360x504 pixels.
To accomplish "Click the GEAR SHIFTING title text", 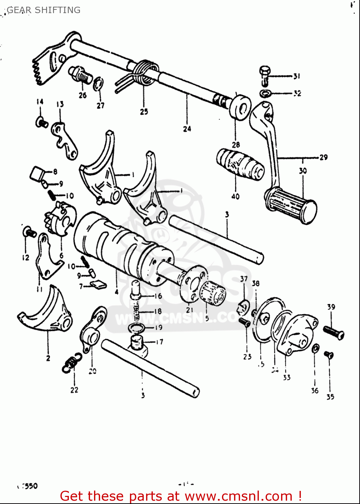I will (x=44, y=10).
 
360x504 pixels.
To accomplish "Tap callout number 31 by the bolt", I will (x=297, y=77).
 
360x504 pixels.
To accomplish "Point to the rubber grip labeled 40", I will (x=239, y=165).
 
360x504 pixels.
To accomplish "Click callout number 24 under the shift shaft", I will (x=187, y=129).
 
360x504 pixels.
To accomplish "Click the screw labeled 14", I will (x=41, y=122).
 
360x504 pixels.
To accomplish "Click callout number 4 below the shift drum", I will (x=117, y=292).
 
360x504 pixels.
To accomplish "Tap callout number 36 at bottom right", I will (x=315, y=390).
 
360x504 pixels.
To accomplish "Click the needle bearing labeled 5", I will (x=213, y=292).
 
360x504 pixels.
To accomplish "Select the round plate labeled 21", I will (x=192, y=284).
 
